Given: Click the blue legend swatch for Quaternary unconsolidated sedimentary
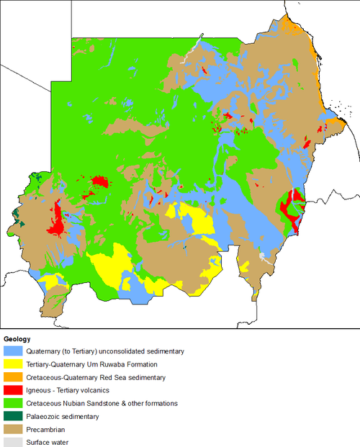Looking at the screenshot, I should click(x=12, y=351).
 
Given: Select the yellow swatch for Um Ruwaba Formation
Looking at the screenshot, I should click(x=12, y=364).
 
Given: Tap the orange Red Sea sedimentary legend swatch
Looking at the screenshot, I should click(x=12, y=377).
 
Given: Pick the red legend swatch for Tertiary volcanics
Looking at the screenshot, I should click(x=12, y=390).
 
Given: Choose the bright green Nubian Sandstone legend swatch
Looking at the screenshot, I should click(x=12, y=403).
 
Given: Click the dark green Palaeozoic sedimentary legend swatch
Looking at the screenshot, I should click(x=12, y=416).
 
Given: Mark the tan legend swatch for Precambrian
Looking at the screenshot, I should click(x=12, y=429).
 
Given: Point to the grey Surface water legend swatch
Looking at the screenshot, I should click(x=12, y=442).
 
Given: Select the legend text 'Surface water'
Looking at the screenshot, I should click(x=49, y=442).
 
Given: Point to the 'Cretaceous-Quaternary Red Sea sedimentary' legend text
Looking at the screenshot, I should click(x=96, y=377).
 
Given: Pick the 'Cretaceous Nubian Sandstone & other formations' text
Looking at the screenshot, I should click(x=101, y=403).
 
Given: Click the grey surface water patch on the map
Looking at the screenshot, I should click(x=265, y=256).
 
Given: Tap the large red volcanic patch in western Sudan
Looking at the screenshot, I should click(x=55, y=223).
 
